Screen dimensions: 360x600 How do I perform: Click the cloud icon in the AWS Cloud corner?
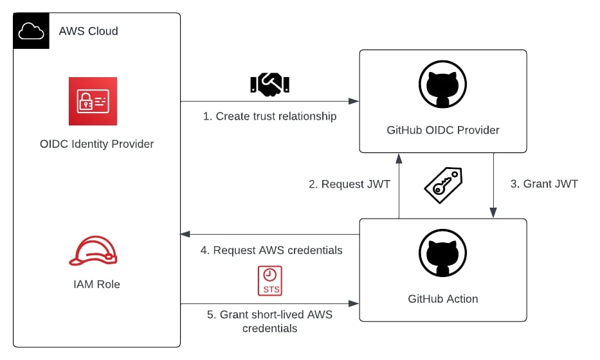click(31, 31)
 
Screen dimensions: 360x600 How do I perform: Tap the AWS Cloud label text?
click(88, 31)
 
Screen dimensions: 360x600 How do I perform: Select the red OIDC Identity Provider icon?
click(93, 101)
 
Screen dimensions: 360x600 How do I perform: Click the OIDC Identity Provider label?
click(96, 144)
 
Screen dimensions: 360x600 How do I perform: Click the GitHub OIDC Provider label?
click(442, 130)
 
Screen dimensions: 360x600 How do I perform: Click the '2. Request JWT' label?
click(349, 184)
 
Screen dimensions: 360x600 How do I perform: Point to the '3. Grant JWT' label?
click(544, 184)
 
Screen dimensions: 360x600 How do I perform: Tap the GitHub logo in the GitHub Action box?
click(442, 255)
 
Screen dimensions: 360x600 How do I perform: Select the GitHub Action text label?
click(442, 299)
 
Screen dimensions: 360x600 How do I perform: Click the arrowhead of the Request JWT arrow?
click(399, 156)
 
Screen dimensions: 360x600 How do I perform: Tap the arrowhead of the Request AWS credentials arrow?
click(185, 235)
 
